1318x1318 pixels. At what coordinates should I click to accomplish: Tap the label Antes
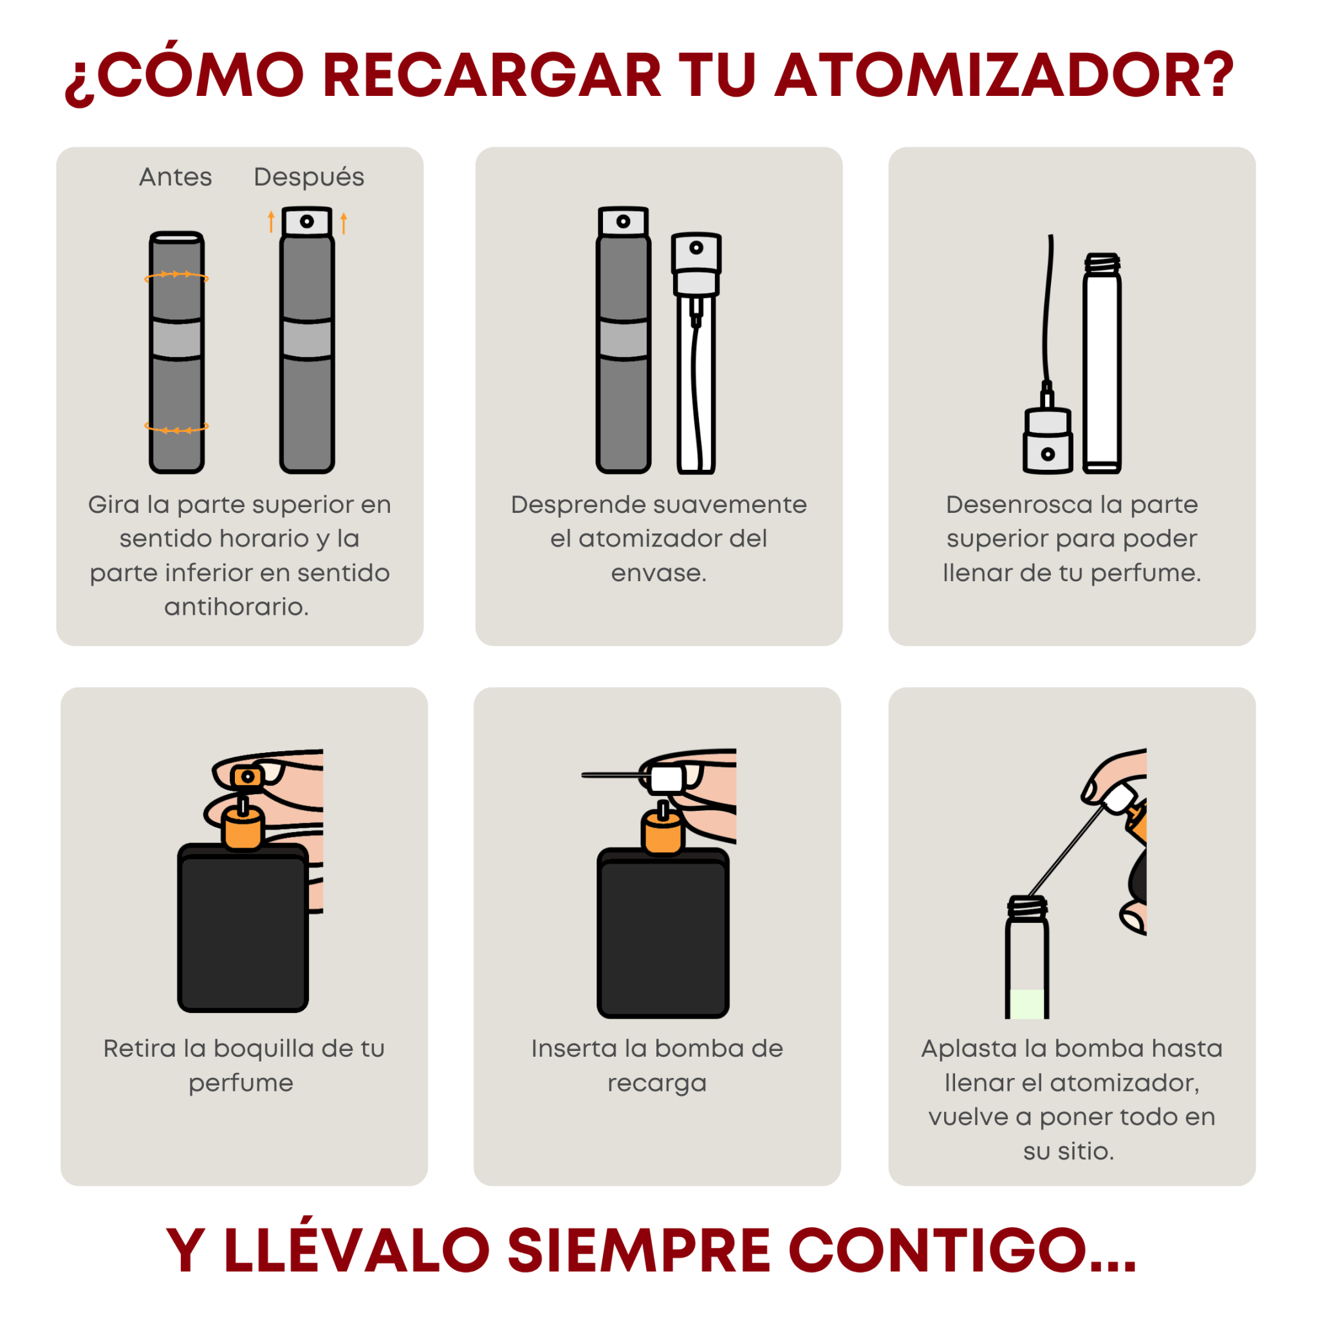click(175, 178)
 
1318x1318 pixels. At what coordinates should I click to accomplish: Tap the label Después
click(309, 178)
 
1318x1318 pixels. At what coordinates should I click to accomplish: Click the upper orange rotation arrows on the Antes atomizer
click(177, 275)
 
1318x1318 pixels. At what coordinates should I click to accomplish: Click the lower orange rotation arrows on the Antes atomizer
click(177, 429)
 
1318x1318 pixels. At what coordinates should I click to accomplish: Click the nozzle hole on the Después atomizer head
click(307, 221)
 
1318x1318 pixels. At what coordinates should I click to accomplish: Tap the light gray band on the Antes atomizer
click(177, 339)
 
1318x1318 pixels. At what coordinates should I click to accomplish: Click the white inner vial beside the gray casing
click(696, 382)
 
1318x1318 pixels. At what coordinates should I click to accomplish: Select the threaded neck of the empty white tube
click(1102, 264)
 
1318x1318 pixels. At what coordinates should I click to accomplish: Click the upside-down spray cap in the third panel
click(1048, 441)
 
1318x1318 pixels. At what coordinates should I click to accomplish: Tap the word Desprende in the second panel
click(573, 505)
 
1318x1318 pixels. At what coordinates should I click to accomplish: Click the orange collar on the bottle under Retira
click(243, 829)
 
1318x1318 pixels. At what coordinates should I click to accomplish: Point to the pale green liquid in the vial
click(1027, 1003)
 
